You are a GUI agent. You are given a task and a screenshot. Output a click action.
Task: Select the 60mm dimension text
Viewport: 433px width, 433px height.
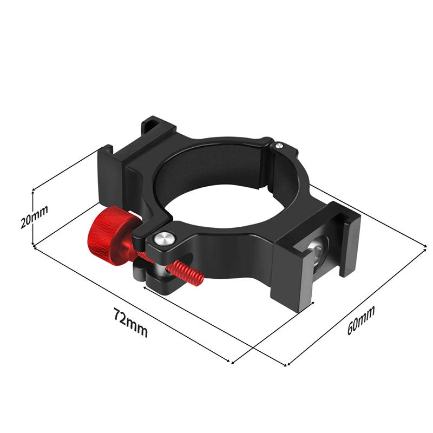click(361, 320)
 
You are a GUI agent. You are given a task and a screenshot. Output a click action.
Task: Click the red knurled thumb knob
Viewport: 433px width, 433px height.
click(108, 231)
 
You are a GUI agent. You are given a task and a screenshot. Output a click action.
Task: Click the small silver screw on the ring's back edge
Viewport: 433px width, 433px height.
click(278, 145)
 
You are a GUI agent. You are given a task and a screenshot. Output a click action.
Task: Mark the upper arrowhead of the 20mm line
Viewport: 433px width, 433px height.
click(34, 191)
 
